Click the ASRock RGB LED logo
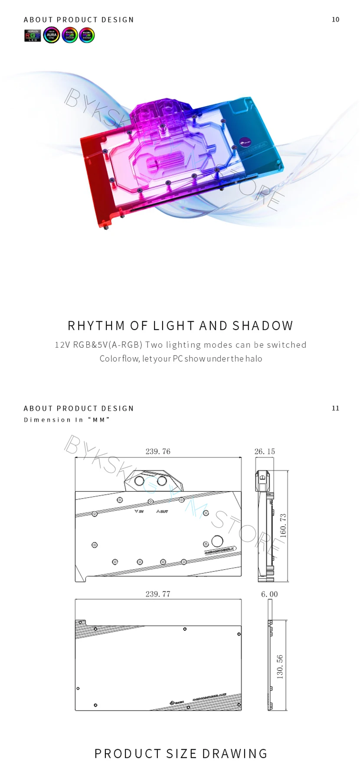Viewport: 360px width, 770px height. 33,36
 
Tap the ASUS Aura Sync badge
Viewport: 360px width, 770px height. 52,36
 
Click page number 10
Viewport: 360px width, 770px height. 335,20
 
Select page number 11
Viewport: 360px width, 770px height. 335,408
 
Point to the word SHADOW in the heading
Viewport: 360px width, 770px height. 263,326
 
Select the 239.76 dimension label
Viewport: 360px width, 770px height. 158,451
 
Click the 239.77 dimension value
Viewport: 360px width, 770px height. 158,594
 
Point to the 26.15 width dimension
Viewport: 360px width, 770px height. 265,451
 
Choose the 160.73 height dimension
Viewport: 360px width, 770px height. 283,526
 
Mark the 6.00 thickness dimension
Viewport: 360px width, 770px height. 269,594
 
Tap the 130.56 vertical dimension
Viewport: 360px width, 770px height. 280,667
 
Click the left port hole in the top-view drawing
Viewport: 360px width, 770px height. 140,481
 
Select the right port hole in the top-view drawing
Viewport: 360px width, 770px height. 162,481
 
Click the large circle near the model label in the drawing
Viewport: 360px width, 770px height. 217,541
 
